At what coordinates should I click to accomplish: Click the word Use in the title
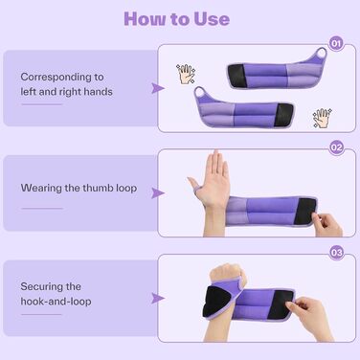212,19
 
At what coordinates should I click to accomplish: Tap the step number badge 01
336,43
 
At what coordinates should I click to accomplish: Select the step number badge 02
336,147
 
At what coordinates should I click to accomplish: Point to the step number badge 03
336,253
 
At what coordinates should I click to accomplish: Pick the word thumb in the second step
98,188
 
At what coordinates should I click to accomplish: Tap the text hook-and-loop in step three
56,302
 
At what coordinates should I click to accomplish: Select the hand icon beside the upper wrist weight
185,75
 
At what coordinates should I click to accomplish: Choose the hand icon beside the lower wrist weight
323,118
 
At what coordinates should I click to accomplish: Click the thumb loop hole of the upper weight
321,54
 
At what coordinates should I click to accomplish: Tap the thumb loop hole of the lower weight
200,92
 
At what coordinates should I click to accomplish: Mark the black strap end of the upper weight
236,76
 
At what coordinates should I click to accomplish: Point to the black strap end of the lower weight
284,115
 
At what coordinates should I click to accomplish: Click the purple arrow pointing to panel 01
157,88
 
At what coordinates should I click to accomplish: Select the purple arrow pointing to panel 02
157,193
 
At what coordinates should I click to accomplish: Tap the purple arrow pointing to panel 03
157,298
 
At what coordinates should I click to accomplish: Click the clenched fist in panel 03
227,274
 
